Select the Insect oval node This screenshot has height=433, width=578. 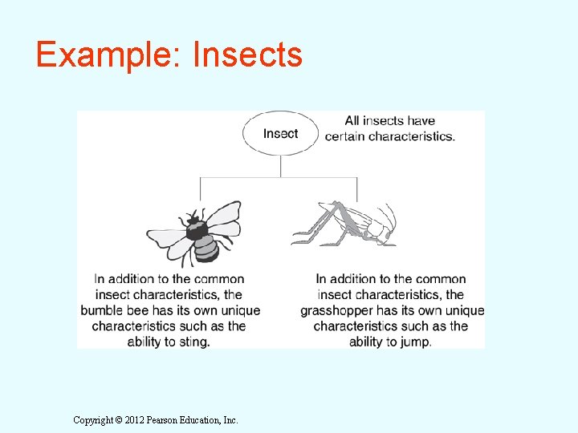[x=280, y=134]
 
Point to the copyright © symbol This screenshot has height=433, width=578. [x=119, y=419]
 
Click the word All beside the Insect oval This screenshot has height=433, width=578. [x=352, y=121]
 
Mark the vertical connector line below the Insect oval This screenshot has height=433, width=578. [x=280, y=166]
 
